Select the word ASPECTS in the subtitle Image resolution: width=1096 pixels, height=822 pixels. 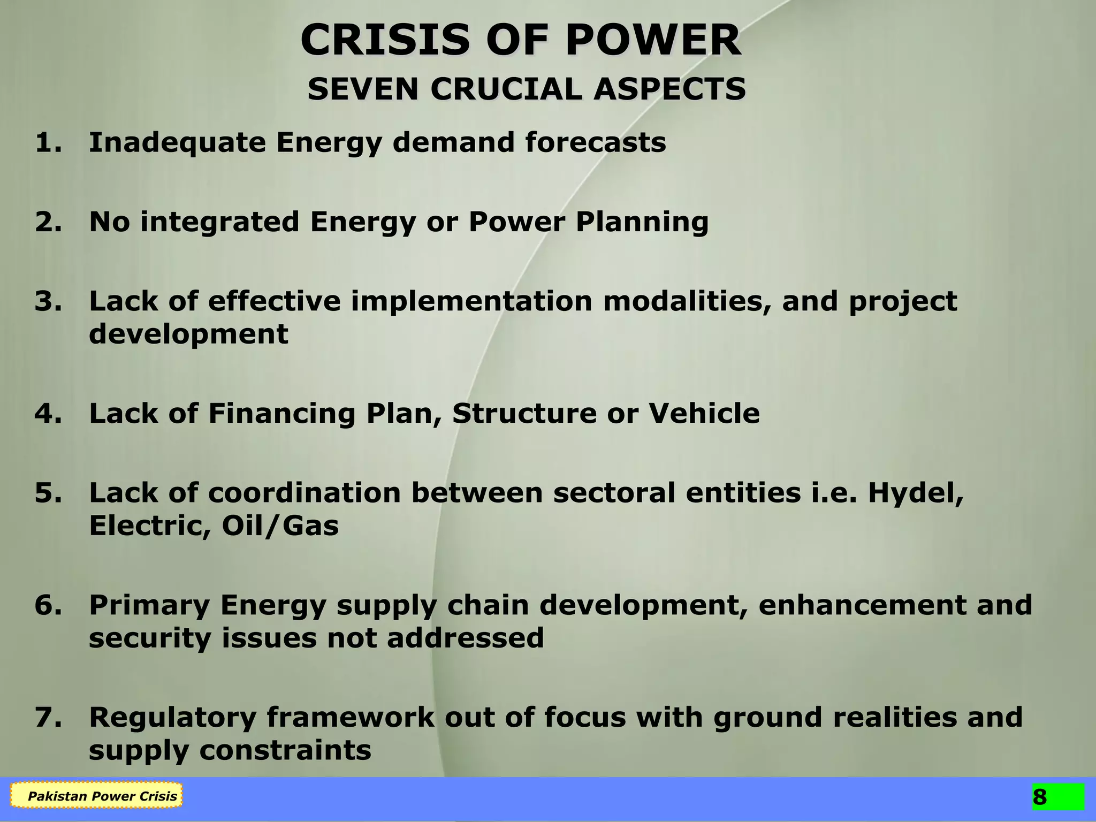669,89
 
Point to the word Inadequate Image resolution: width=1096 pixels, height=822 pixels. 177,143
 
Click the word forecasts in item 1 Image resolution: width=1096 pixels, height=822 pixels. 596,142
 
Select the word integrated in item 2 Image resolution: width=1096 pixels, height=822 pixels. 219,222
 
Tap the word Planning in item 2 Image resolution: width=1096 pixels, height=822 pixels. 642,222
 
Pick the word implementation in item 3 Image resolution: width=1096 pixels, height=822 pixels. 471,301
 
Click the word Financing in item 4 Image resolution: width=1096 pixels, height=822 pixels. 281,414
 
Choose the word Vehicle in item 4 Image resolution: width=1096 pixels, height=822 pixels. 704,414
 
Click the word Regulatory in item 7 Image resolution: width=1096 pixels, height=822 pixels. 172,718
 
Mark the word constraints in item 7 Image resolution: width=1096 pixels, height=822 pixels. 285,750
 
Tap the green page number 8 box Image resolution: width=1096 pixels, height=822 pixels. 1058,797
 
